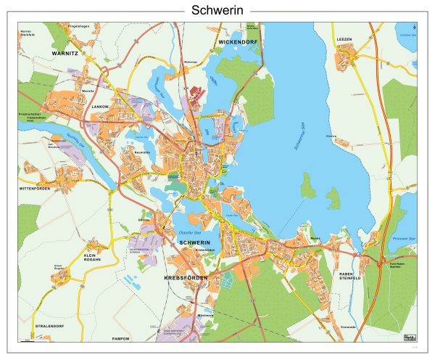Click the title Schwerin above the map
click(217, 10)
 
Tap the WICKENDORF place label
click(237, 43)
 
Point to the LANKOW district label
click(100, 106)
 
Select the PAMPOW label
click(120, 338)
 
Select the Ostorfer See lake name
click(190, 232)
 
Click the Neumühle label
click(141, 152)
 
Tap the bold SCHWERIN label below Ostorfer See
click(194, 242)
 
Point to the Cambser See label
click(407, 34)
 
